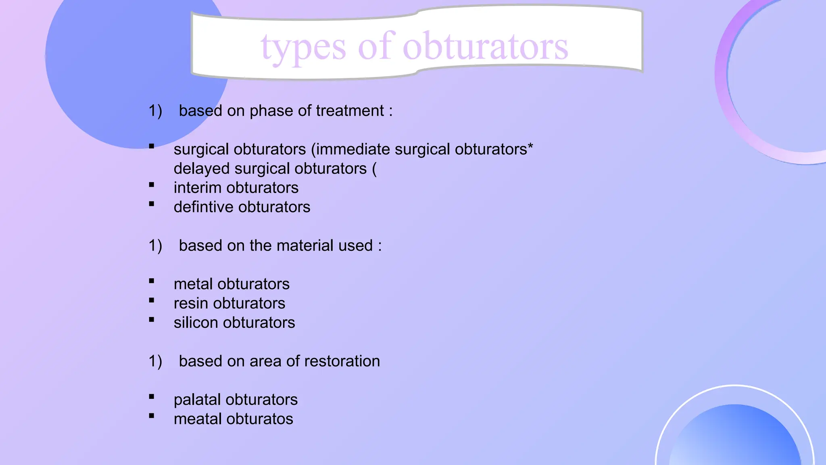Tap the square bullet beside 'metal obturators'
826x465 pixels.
152,281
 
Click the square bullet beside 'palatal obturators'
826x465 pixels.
152,397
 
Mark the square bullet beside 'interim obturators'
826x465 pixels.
152,185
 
